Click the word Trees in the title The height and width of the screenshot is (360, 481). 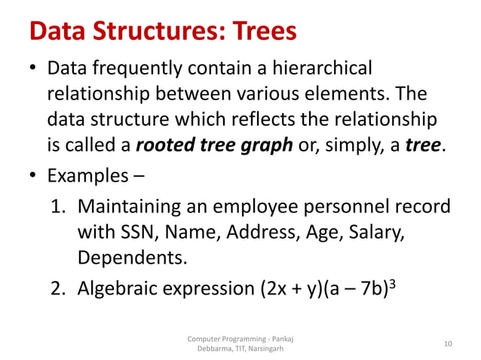(255, 32)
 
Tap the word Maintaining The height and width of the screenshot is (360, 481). (132, 207)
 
